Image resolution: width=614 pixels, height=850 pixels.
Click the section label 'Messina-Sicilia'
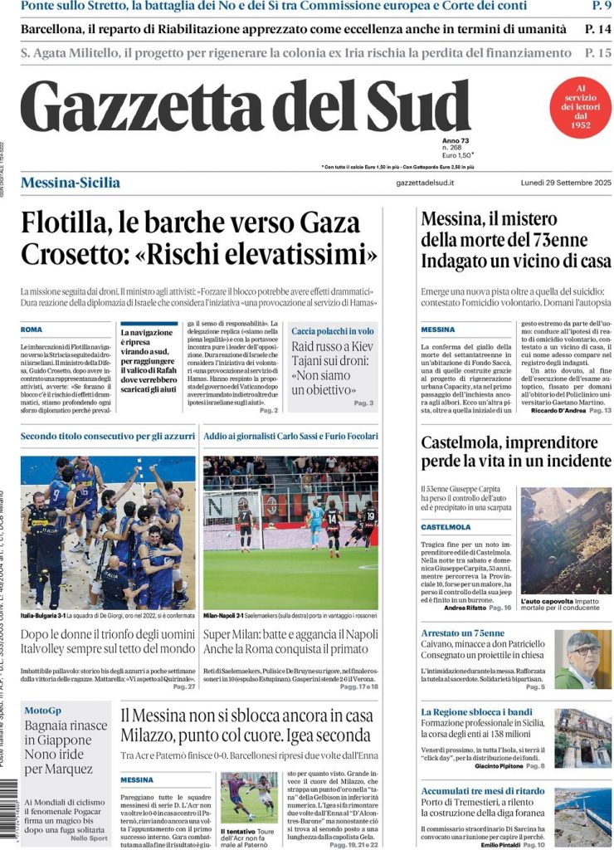(x=71, y=183)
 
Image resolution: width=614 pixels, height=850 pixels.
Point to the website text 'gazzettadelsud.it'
(x=425, y=183)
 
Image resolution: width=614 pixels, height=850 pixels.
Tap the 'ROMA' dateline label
(x=32, y=330)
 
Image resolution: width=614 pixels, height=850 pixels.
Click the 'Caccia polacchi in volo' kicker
(x=332, y=331)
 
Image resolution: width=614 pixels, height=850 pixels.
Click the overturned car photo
(x=566, y=540)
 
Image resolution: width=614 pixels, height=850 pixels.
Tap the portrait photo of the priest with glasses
(x=582, y=659)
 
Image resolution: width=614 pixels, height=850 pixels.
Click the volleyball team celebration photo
(x=108, y=532)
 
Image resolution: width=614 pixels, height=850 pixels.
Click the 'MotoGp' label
(x=43, y=711)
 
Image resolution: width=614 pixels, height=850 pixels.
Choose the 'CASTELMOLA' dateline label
(x=446, y=526)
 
